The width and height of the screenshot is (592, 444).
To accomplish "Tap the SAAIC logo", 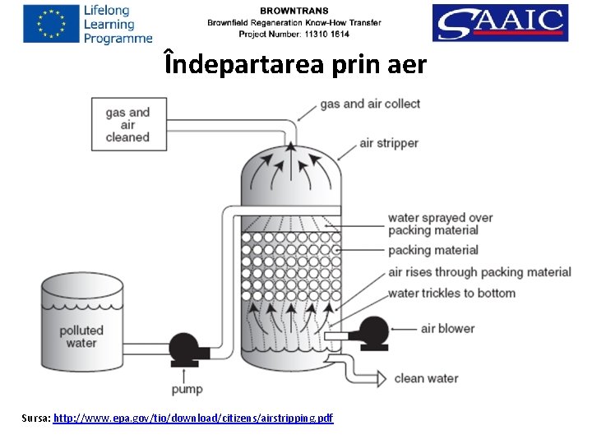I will click(499, 23).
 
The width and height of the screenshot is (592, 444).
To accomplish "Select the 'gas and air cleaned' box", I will click(128, 124).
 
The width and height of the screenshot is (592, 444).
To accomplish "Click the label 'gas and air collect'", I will click(370, 104).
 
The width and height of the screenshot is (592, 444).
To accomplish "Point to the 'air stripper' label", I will click(389, 143).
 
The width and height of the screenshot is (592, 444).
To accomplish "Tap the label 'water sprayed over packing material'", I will click(441, 224).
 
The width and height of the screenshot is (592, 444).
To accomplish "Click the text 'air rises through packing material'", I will click(479, 272).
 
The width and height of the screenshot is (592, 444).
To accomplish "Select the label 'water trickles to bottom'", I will click(451, 293).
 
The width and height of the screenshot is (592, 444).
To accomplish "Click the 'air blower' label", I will click(447, 328).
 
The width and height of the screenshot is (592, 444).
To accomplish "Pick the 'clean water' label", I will click(426, 378).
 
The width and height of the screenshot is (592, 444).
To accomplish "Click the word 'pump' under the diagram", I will click(187, 388).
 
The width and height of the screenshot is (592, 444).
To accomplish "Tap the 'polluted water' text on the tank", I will click(81, 336).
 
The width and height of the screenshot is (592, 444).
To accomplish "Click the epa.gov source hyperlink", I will click(193, 419).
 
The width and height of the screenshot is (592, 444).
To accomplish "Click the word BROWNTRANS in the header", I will click(295, 10).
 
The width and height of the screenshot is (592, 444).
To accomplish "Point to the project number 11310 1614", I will click(294, 35).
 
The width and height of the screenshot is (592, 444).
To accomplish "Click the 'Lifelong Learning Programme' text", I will click(118, 24).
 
